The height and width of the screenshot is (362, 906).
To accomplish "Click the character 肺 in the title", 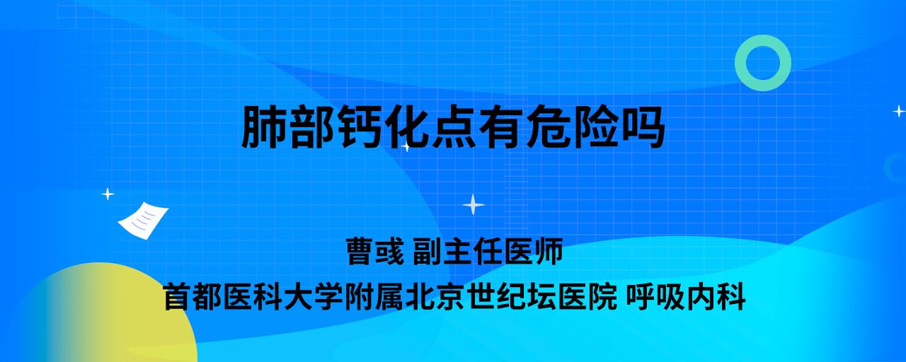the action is point(265,127).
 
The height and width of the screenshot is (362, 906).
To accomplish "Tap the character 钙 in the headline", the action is point(359,127).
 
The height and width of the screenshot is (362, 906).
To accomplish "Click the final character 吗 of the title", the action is point(642,127).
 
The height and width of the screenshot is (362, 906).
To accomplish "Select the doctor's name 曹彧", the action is point(375,251).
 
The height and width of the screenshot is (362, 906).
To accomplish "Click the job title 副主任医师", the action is point(488,251).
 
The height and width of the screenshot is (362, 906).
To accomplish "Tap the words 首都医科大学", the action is point(253,297).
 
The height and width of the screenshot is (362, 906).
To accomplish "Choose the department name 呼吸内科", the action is point(686,297).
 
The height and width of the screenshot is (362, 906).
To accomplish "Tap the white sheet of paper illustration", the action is point(143,221).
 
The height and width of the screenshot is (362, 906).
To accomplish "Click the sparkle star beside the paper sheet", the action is point(108,194).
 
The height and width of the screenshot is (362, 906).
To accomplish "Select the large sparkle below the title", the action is point(474,205).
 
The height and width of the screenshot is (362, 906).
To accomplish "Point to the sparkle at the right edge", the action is point(899,111).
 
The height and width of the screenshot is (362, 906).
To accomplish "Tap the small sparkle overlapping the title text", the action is point(406,146).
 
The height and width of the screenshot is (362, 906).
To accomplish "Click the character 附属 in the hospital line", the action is point(374,297).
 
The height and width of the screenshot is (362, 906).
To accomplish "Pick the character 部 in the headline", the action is point(312,127).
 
